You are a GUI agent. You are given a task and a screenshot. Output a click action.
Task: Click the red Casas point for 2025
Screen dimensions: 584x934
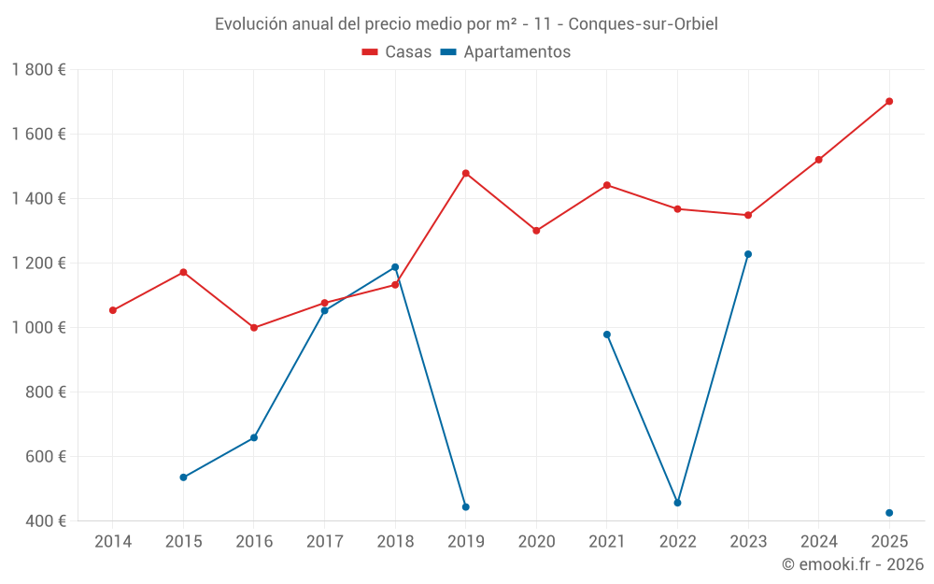click(x=889, y=101)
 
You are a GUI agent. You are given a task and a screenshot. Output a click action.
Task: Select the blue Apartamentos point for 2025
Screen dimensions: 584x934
click(x=889, y=513)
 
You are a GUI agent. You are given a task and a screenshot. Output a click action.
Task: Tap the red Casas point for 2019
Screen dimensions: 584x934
click(x=465, y=173)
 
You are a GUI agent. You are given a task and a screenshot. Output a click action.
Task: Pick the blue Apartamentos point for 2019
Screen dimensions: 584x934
click(x=465, y=506)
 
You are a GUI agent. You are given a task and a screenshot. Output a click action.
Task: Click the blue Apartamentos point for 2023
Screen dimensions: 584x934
click(x=748, y=254)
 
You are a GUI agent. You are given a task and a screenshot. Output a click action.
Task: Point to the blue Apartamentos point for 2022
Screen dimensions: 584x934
click(x=677, y=503)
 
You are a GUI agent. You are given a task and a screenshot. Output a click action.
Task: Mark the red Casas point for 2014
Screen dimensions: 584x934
click(x=113, y=310)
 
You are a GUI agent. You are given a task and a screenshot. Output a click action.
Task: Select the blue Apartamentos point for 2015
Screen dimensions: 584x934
click(x=183, y=477)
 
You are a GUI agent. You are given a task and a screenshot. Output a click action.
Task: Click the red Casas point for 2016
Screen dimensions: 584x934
click(x=254, y=328)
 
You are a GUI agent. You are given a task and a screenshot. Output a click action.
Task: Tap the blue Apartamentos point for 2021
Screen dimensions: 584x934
click(x=607, y=335)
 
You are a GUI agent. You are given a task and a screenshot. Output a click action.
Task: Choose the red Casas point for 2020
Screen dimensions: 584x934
click(x=536, y=231)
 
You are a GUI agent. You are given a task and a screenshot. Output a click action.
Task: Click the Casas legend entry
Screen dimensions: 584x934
click(x=397, y=52)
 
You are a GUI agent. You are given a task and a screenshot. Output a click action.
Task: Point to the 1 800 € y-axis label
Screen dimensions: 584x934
click(x=39, y=69)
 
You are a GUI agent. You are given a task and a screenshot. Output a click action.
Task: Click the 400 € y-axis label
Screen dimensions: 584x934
click(x=45, y=520)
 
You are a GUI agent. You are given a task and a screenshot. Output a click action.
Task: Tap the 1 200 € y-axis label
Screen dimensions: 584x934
click(x=39, y=263)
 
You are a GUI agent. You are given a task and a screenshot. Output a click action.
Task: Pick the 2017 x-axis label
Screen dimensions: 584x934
click(x=324, y=541)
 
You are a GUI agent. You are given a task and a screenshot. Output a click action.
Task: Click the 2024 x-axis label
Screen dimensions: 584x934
click(x=818, y=541)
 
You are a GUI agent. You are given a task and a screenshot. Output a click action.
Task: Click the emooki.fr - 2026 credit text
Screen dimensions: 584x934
click(x=852, y=564)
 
